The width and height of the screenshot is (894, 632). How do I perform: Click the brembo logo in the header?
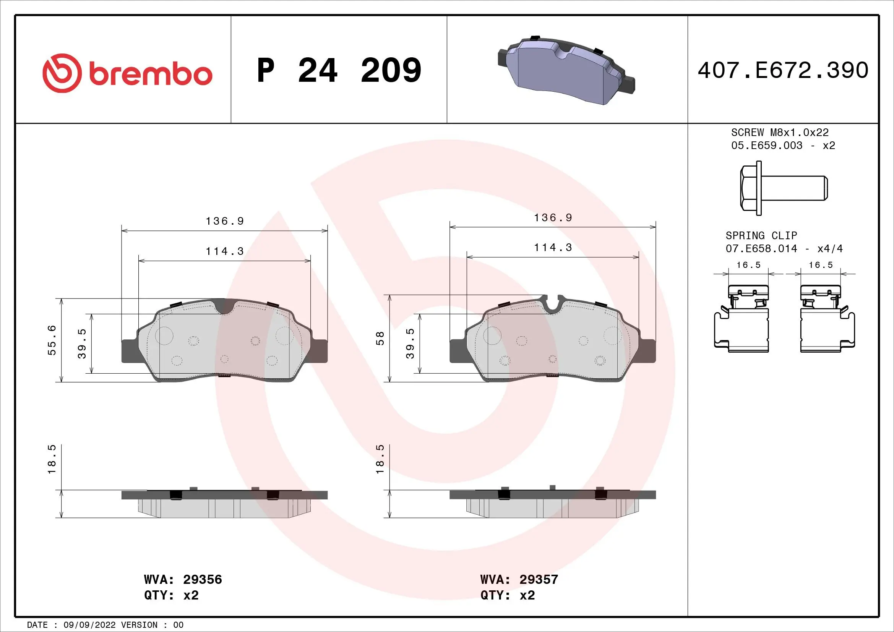127,73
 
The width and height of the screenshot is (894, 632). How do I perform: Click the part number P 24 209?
339,70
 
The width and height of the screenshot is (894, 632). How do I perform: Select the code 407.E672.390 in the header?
783,70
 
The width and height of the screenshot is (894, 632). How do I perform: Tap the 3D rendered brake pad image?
566,71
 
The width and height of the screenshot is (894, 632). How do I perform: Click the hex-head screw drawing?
783,188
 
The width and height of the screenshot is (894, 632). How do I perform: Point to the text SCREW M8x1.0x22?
779,132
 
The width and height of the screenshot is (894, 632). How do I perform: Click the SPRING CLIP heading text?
761,235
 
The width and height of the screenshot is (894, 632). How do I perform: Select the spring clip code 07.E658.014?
761,249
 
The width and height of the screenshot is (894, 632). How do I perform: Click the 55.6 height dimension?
52,340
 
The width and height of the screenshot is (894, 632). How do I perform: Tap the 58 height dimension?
380,338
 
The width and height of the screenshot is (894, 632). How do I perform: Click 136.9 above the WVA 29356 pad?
225,221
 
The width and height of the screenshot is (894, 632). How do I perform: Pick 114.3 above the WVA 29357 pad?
553,248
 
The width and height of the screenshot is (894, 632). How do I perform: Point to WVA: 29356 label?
183,580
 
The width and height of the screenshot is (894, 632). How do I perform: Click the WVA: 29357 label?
519,580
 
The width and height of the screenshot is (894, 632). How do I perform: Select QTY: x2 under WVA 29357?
507,595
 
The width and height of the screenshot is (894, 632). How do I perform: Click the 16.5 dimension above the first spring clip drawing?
748,265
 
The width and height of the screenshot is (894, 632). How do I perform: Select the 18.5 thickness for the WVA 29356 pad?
52,459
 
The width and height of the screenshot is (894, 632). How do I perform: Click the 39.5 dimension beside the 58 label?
410,343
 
